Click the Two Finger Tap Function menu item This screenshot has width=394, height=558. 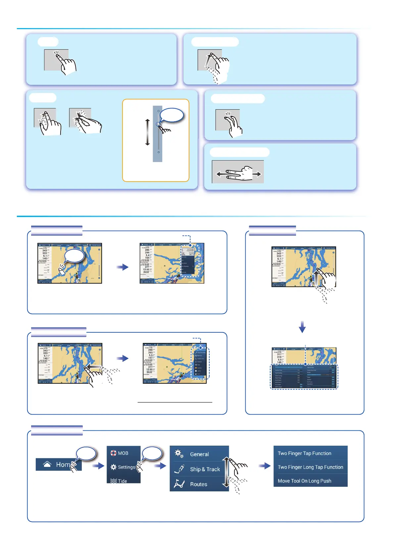[x=304, y=453]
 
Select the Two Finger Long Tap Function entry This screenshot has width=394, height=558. [x=310, y=467]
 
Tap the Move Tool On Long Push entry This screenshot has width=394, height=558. [x=304, y=481]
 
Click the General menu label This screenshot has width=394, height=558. [x=199, y=454]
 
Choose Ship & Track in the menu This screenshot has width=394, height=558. [x=205, y=469]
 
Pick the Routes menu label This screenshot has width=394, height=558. [x=198, y=484]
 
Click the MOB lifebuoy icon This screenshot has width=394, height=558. [x=114, y=453]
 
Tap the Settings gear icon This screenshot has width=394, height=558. [x=114, y=467]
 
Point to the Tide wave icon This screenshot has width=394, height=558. [x=114, y=481]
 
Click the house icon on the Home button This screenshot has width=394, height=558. [x=47, y=465]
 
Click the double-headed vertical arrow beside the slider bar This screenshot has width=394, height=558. [x=148, y=133]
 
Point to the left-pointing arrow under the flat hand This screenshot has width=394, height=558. [x=220, y=174]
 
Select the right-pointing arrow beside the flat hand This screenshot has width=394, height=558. [x=257, y=174]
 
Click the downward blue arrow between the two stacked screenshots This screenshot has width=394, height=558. [x=302, y=327]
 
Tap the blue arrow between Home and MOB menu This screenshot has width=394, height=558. [x=98, y=466]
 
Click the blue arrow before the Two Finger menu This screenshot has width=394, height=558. [x=265, y=466]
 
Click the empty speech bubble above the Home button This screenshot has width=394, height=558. [x=86, y=454]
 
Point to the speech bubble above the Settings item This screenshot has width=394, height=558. [x=152, y=454]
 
